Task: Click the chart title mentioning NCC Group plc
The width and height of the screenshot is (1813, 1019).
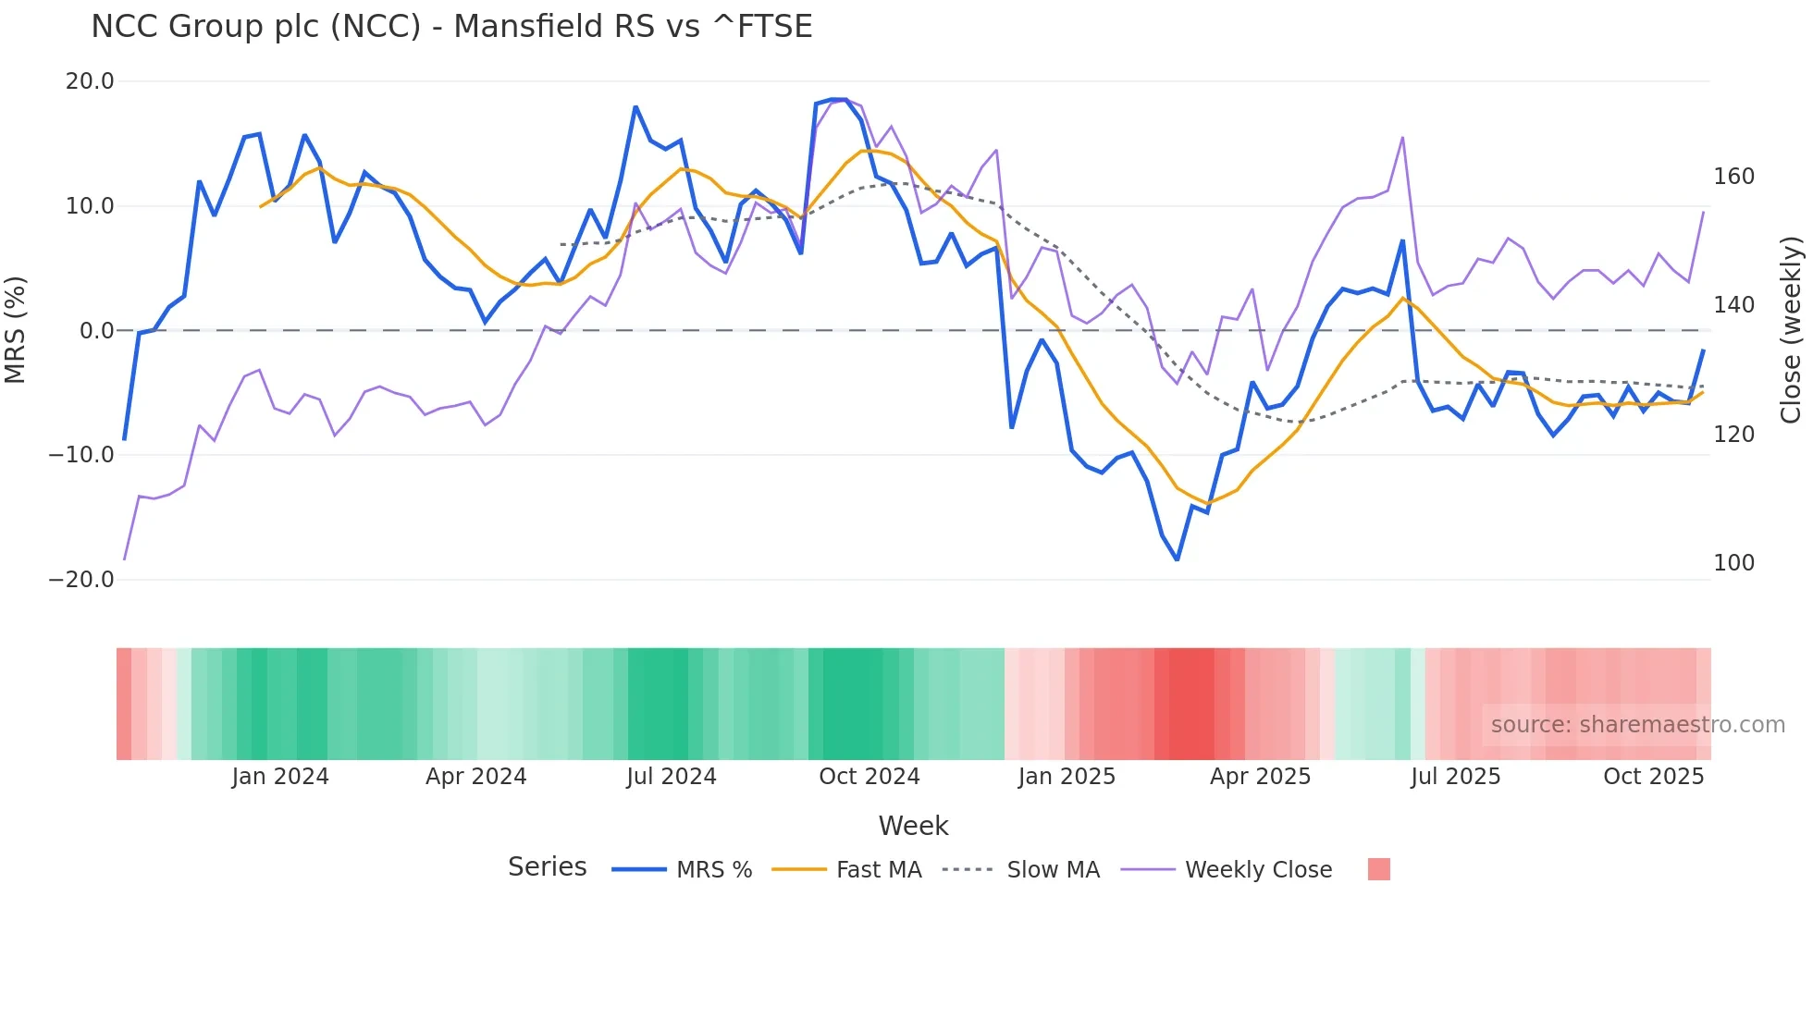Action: pyautogui.click(x=451, y=26)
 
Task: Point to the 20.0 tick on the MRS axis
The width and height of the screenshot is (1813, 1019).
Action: pyautogui.click(x=90, y=81)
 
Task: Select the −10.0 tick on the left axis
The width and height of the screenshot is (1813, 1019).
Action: pyautogui.click(x=81, y=455)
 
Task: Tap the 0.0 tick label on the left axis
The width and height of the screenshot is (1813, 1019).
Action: pyautogui.click(x=96, y=330)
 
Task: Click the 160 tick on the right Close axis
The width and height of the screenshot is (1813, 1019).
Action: pyautogui.click(x=1733, y=177)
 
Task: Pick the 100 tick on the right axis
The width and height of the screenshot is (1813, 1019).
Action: pyautogui.click(x=1733, y=563)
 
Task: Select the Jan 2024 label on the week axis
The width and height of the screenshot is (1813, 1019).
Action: pyautogui.click(x=280, y=777)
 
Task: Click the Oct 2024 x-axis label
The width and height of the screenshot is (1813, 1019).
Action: pyautogui.click(x=869, y=777)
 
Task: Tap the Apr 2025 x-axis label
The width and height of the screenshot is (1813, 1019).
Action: pyautogui.click(x=1260, y=777)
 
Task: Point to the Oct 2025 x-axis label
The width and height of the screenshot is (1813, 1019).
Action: pyautogui.click(x=1653, y=777)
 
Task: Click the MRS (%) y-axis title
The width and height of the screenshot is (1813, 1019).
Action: pyautogui.click(x=16, y=330)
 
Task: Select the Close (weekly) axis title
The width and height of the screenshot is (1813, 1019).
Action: pyautogui.click(x=1791, y=330)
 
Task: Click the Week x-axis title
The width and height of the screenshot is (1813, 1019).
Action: pyautogui.click(x=913, y=826)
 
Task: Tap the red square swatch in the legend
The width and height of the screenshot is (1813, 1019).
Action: pyautogui.click(x=1378, y=869)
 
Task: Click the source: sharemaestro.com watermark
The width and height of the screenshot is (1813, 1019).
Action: pyautogui.click(x=1637, y=725)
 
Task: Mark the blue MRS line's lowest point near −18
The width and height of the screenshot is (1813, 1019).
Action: pyautogui.click(x=1177, y=559)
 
